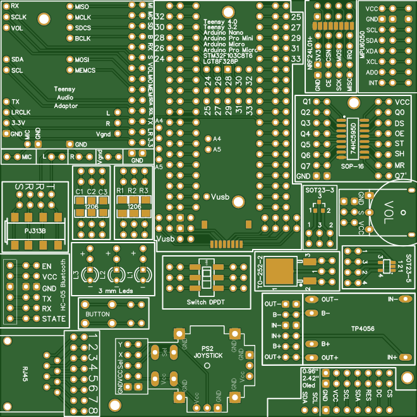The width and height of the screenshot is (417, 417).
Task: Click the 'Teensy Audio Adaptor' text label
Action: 64,98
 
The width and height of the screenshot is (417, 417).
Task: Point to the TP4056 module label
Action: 363,329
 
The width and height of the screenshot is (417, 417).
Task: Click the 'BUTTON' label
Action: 98,314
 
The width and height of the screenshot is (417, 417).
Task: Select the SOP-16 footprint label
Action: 351,166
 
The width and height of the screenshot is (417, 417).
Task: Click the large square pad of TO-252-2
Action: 279,270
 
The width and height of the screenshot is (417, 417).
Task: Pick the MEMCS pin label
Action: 85,71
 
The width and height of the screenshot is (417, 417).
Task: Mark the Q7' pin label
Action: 401,176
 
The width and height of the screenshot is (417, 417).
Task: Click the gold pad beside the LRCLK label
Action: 6,112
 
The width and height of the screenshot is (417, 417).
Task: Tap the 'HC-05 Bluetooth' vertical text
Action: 62,284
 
